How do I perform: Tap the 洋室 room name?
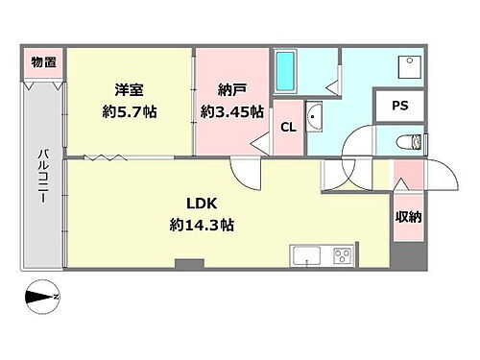click(x=130, y=89)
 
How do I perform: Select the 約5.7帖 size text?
click(x=130, y=111)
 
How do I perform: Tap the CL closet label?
click(x=287, y=128)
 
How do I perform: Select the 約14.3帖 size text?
click(x=202, y=226)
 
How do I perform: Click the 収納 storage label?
click(x=407, y=217)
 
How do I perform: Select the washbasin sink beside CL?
click(x=316, y=121)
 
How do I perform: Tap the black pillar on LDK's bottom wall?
click(x=189, y=262)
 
